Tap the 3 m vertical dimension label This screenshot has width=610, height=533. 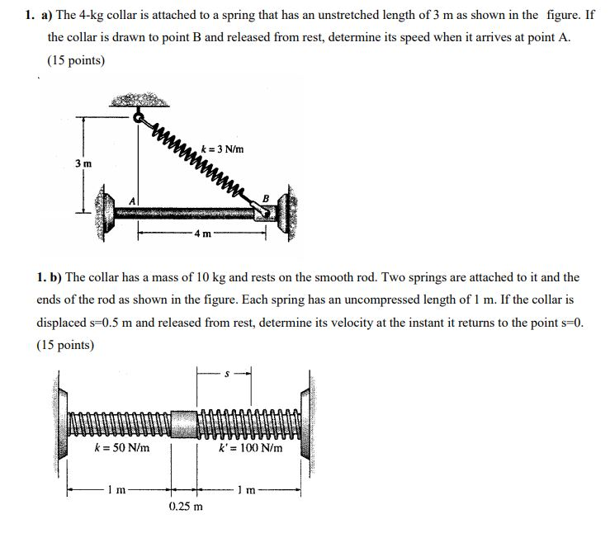click(83, 163)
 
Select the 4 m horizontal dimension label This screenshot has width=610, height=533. click(201, 234)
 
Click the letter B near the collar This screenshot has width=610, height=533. click(265, 197)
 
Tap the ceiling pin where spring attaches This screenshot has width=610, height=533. click(138, 115)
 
